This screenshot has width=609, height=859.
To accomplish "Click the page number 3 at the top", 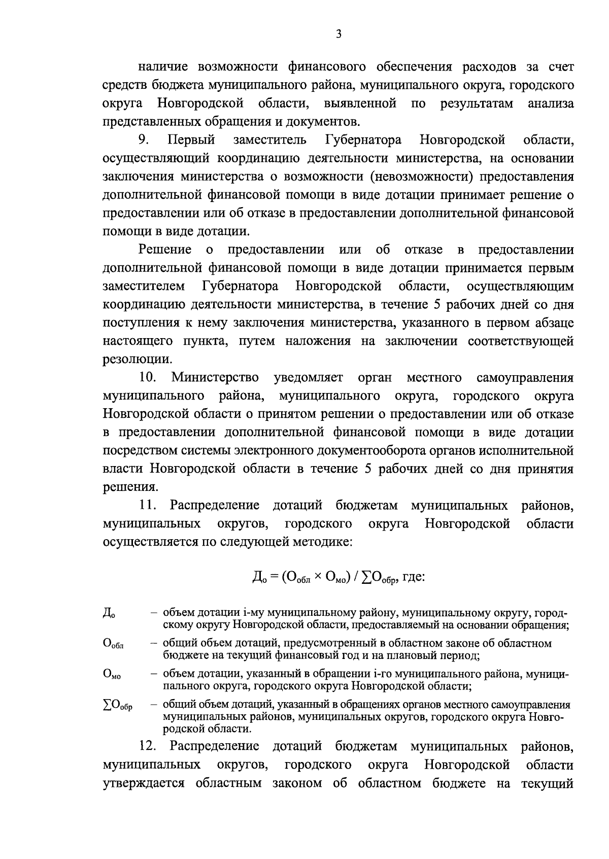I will [339, 35].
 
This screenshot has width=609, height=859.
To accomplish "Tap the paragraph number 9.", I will [144, 140].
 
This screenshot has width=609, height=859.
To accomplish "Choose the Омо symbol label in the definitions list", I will [112, 675].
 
